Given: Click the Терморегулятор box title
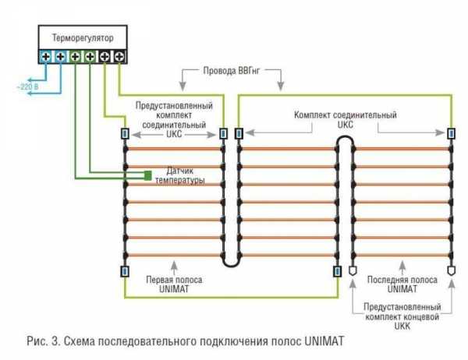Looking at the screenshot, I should tap(82, 37).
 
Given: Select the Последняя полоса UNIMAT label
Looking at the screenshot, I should tap(402, 284).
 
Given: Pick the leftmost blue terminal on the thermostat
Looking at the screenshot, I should tap(46, 57).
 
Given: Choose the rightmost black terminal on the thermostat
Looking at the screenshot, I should tap(119, 57).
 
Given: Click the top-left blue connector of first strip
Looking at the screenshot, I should tap(124, 134).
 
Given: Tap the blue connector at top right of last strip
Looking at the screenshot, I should tap(451, 134).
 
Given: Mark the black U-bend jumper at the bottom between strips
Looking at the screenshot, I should tap(231, 263).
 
